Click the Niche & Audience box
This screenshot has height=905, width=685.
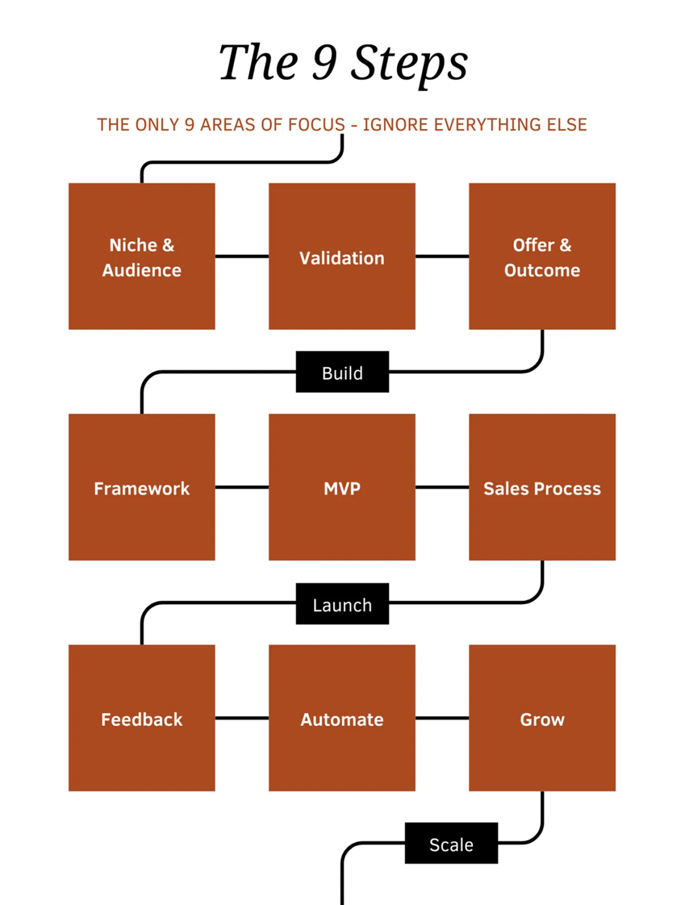pyautogui.click(x=142, y=256)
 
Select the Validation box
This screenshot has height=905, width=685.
pyautogui.click(x=342, y=256)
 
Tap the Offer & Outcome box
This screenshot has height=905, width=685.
pyautogui.click(x=542, y=256)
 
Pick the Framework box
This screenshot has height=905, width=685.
pyautogui.click(x=142, y=487)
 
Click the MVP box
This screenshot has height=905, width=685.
pyautogui.click(x=342, y=487)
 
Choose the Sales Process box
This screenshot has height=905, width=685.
pyautogui.click(x=542, y=487)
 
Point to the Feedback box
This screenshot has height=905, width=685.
pyautogui.click(x=142, y=718)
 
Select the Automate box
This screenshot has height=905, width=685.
pyautogui.click(x=342, y=718)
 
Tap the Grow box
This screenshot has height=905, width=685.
pyautogui.click(x=542, y=718)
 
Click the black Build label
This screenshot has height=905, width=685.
pyautogui.click(x=342, y=372)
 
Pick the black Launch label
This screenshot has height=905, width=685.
pyautogui.click(x=342, y=604)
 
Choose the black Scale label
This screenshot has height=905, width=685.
pyautogui.click(x=451, y=843)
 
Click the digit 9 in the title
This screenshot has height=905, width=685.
pyautogui.click(x=324, y=62)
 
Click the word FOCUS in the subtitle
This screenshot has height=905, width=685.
pyautogui.click(x=316, y=124)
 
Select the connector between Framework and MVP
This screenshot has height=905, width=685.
pyautogui.click(x=242, y=487)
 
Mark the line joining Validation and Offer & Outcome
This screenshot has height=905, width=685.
pyautogui.click(x=442, y=256)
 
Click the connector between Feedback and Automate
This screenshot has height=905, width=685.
pyautogui.click(x=242, y=718)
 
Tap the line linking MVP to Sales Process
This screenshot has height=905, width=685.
pyautogui.click(x=442, y=487)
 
